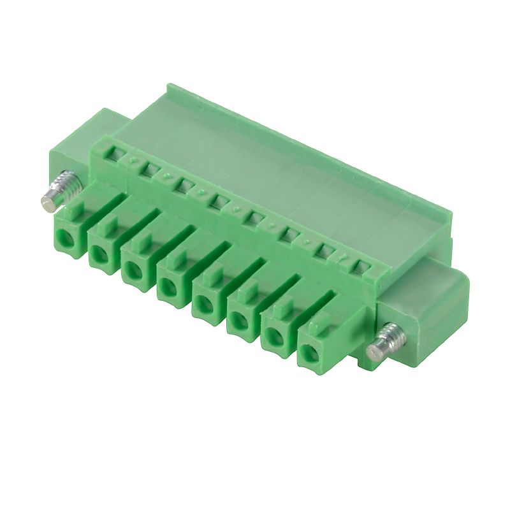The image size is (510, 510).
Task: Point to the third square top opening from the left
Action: click(x=184, y=186)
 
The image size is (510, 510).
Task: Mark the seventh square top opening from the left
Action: click(x=327, y=251)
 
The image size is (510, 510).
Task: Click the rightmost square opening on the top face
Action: click(x=361, y=267)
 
